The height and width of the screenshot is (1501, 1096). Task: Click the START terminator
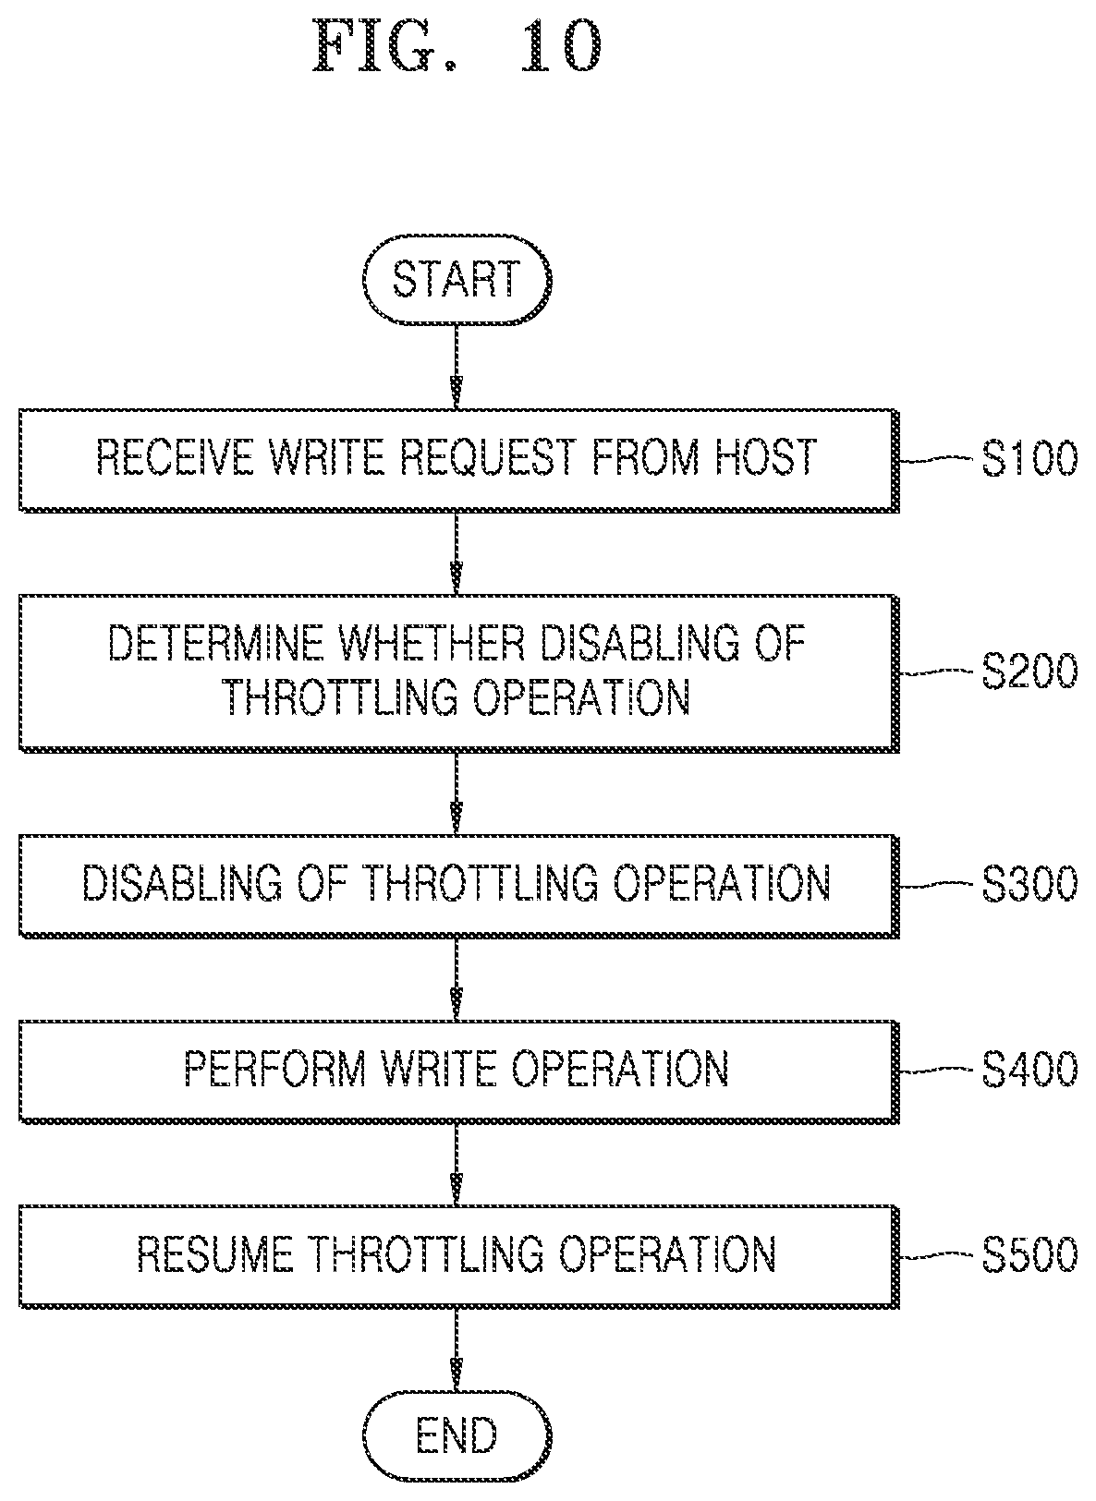[457, 280]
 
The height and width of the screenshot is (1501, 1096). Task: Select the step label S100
[1029, 458]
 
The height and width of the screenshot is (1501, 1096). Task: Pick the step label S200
[1029, 671]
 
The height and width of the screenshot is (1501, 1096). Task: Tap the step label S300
[1029, 883]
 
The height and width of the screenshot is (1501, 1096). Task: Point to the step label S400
[1029, 1069]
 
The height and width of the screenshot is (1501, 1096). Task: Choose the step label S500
[1029, 1254]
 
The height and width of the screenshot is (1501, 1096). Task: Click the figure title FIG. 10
[457, 46]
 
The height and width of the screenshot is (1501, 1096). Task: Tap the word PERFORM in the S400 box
[275, 1069]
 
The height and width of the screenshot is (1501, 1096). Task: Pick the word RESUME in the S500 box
[215, 1254]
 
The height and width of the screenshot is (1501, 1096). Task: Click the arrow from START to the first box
[457, 368]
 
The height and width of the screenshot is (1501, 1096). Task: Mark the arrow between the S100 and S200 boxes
[457, 554]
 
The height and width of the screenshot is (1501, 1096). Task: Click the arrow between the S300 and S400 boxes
[457, 979]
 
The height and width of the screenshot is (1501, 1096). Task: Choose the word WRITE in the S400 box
[439, 1069]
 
